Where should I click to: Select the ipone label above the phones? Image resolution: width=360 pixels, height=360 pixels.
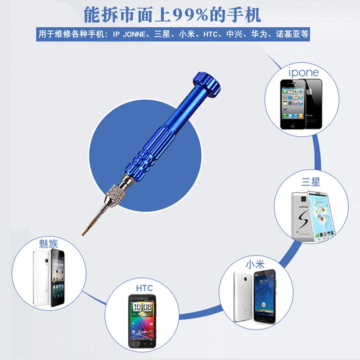pos(303,72)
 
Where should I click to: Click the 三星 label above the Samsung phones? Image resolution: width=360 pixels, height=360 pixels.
pos(310,182)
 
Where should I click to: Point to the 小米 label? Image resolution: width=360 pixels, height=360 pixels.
pos(255,264)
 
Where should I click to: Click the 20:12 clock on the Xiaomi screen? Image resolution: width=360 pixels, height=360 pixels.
pos(264,282)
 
